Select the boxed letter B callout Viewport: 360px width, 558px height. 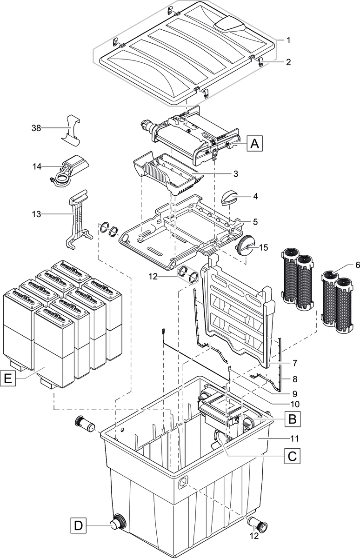(x=292, y=419)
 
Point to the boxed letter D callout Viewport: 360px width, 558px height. (x=79, y=526)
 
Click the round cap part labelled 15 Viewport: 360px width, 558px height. (x=246, y=244)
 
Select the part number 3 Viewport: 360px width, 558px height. (x=236, y=173)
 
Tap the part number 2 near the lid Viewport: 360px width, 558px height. (x=288, y=61)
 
